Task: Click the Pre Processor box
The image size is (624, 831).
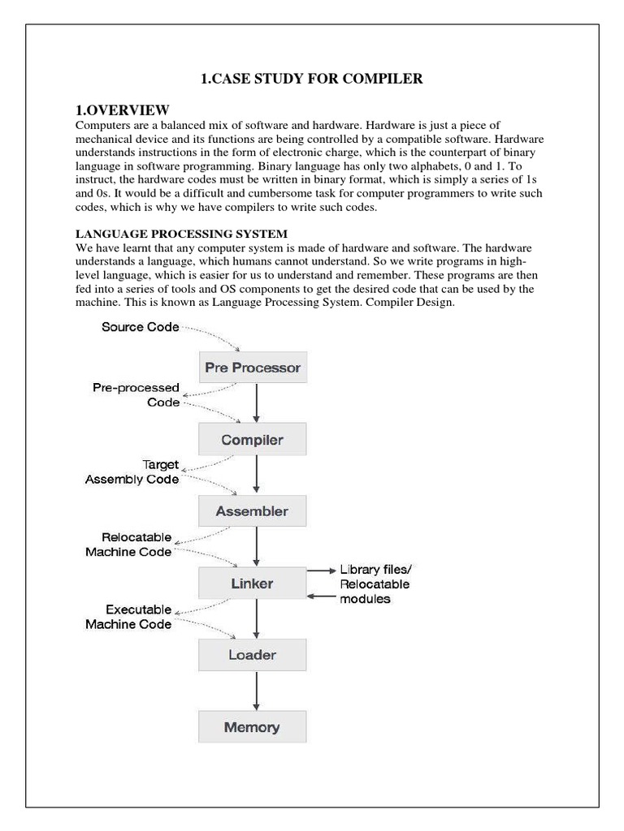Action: tap(253, 368)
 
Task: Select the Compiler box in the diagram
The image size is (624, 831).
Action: tap(253, 440)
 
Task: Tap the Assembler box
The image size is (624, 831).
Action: tap(252, 511)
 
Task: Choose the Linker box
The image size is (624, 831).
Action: tap(252, 583)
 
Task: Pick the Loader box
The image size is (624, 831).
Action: tap(252, 654)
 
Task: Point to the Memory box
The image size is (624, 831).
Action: tap(252, 726)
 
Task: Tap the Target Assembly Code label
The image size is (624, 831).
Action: tap(132, 472)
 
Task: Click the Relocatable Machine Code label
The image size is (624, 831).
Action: tap(128, 545)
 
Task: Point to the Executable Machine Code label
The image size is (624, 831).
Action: tap(128, 617)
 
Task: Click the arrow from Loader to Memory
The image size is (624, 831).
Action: tap(257, 691)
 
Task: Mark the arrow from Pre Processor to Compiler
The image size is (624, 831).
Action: tap(257, 403)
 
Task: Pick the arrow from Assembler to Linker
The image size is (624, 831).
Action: tap(257, 547)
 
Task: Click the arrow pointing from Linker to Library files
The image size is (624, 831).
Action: tap(320, 571)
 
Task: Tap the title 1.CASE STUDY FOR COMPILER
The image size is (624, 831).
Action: tap(311, 79)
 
